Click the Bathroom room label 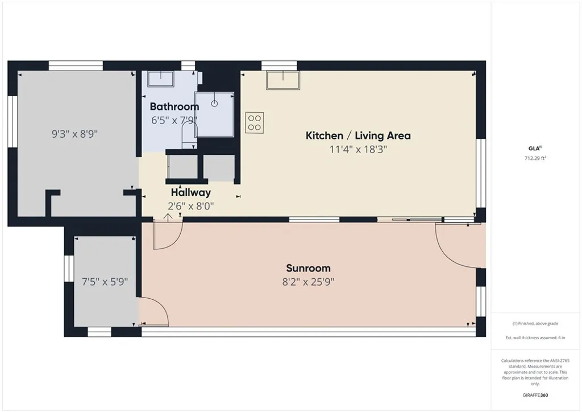point(174,106)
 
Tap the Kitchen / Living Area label point(358,135)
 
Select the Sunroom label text point(308,268)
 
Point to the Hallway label point(191,192)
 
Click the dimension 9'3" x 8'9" point(75,135)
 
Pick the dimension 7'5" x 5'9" point(105,281)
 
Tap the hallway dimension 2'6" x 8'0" point(191,206)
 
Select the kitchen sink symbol point(282,80)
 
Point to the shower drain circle point(215,104)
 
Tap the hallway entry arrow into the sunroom point(169,216)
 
